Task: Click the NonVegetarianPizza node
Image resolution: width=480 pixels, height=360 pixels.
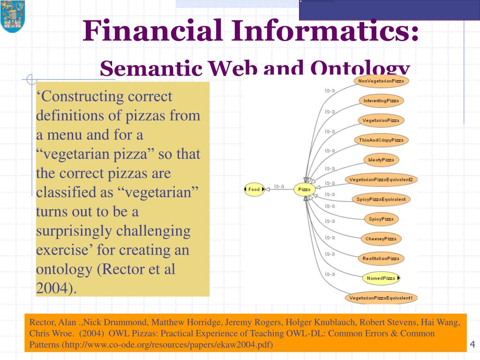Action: click(x=381, y=81)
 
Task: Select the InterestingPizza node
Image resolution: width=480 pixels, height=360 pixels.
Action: click(x=381, y=101)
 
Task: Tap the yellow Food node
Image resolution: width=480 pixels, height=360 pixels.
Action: click(x=254, y=189)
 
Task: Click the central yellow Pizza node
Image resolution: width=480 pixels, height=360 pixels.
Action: click(x=304, y=189)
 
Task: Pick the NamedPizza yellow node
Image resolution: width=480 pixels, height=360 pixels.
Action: click(x=381, y=278)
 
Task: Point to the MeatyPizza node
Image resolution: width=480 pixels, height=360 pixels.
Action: click(x=381, y=160)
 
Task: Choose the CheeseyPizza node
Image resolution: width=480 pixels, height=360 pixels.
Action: click(x=381, y=239)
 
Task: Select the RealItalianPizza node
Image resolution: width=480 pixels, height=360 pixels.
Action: click(x=381, y=258)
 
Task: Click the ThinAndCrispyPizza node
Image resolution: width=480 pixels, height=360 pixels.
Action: click(x=381, y=140)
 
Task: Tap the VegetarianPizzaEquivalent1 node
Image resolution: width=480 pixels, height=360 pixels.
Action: click(x=381, y=298)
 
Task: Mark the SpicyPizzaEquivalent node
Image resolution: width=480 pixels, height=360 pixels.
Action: click(x=381, y=199)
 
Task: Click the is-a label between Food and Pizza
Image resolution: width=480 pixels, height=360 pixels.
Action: click(x=279, y=186)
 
